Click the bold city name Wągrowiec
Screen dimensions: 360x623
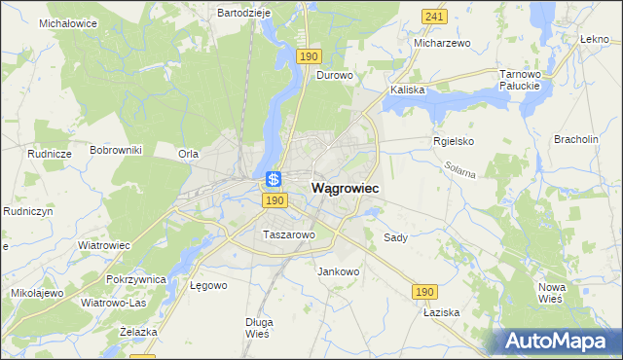tap(345, 187)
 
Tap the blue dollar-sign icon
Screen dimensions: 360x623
tap(274, 179)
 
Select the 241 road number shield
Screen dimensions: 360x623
tap(435, 17)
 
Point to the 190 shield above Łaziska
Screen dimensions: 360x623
tap(423, 291)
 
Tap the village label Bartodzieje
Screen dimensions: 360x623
tap(242, 14)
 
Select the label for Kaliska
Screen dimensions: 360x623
tap(408, 90)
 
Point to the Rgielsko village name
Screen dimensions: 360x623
tap(453, 141)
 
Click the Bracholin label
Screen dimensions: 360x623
tap(575, 140)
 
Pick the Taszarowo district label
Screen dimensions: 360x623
tap(288, 234)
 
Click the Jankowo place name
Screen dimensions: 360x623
tap(339, 271)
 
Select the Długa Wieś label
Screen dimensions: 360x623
tap(259, 327)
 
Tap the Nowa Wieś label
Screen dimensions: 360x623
tap(552, 292)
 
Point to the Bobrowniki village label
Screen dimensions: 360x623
tap(116, 150)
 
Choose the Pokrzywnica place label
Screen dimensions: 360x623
tap(137, 279)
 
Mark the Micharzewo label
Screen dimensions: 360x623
tap(442, 44)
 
